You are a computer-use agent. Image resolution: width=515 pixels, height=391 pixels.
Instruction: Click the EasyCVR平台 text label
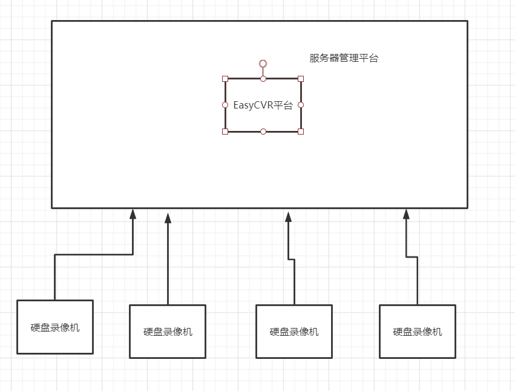263,105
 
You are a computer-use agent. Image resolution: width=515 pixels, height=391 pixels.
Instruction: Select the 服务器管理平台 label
344,59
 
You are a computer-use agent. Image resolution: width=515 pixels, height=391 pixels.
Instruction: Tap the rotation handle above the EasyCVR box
263,64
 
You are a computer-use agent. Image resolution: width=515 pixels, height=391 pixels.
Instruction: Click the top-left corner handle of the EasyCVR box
225,79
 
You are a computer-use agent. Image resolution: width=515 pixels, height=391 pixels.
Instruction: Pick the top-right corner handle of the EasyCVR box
301,79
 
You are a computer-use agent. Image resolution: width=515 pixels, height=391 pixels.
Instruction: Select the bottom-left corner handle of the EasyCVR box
225,131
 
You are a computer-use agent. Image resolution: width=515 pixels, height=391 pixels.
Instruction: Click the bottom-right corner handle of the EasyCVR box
301,131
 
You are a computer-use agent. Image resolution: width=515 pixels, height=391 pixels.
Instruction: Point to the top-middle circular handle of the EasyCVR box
263,79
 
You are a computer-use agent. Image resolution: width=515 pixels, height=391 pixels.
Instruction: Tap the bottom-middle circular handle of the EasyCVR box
263,131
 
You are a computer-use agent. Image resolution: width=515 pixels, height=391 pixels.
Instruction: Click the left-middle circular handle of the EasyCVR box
225,105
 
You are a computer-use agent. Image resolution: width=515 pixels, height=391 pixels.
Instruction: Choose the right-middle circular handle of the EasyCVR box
301,105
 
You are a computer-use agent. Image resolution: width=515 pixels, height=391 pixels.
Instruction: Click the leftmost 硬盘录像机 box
55,327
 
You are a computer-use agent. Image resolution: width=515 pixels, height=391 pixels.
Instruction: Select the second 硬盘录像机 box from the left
168,332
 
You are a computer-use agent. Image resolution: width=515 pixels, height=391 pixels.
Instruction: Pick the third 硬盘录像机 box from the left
294,332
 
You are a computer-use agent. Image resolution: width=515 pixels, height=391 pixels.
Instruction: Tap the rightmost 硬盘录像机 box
418,332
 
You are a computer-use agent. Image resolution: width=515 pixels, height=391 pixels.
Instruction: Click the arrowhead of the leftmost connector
133,214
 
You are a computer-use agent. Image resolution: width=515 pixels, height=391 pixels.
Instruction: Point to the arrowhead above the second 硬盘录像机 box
168,218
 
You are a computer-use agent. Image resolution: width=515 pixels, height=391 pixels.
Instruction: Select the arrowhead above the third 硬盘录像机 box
289,216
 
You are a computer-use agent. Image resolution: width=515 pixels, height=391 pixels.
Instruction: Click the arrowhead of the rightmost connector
406,214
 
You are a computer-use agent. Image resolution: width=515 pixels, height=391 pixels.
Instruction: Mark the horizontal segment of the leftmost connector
94,255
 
